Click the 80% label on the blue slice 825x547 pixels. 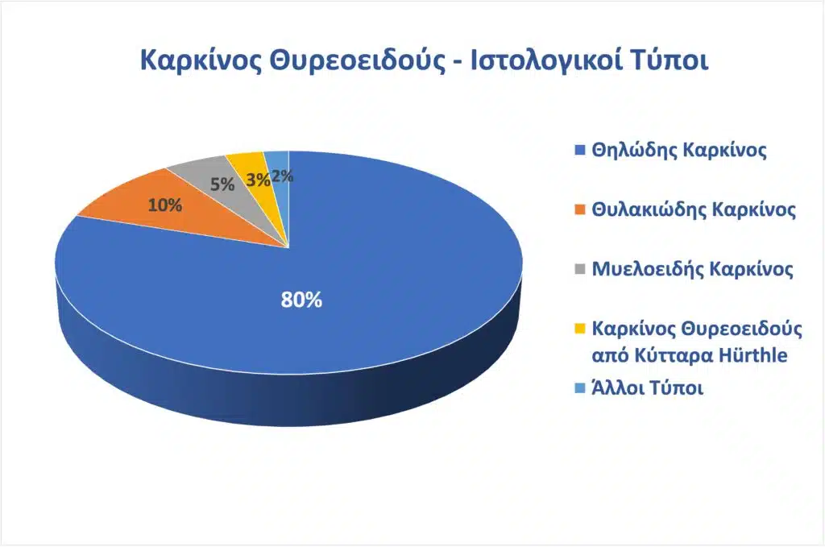click(x=301, y=300)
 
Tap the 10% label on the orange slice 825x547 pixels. click(x=164, y=205)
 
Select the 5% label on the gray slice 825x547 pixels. click(x=222, y=184)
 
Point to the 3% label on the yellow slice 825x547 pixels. click(x=258, y=180)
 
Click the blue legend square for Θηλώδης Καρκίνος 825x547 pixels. click(x=578, y=151)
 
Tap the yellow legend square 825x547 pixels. click(x=578, y=329)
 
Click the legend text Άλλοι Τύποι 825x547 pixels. click(x=648, y=388)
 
